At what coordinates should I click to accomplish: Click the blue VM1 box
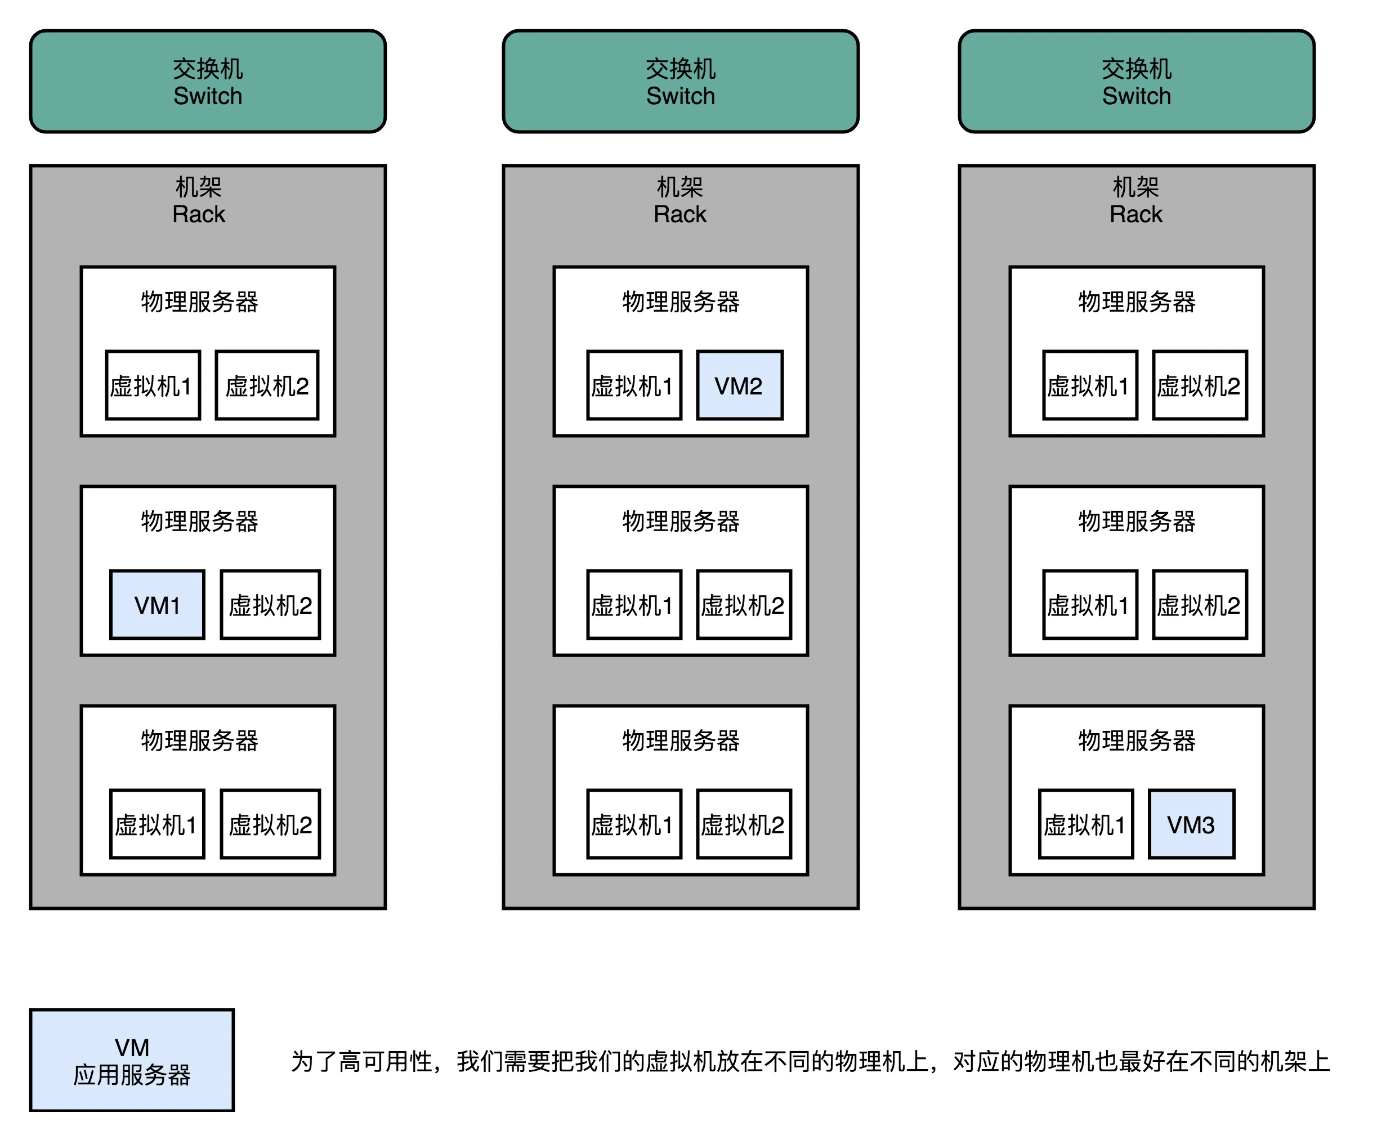pos(158,604)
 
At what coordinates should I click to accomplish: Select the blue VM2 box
pos(739,385)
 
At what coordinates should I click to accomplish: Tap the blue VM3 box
pos(1191,824)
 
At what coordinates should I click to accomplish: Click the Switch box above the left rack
pos(208,81)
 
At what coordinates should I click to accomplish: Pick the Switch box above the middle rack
pos(681,81)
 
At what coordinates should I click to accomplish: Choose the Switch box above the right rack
pos(1137,81)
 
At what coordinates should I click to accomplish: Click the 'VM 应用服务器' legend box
pos(132,1060)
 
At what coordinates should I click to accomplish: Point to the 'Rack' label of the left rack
pos(199,214)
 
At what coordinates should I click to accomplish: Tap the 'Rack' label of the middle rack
pos(680,214)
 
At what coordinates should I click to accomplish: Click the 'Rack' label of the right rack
pos(1135,214)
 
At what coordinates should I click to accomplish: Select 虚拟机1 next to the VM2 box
pos(633,385)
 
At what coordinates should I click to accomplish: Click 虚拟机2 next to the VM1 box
pos(270,604)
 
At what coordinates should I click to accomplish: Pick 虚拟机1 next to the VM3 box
pos(1085,824)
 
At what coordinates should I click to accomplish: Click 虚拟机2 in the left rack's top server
pos(267,385)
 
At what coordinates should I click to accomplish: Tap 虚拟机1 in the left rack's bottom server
pos(158,824)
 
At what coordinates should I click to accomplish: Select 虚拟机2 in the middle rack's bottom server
pos(744,824)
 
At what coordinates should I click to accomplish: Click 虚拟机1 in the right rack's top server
pos(1089,385)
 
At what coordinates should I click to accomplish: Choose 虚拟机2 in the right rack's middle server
pos(1199,604)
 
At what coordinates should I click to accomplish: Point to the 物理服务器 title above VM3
pos(1137,740)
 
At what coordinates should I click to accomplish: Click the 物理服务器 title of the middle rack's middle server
pos(681,521)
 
